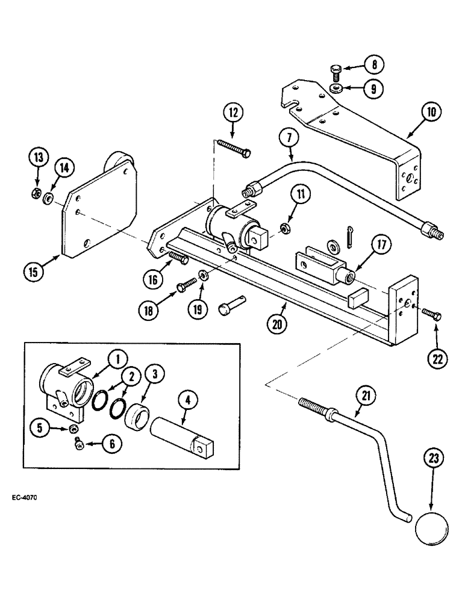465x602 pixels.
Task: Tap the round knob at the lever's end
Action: pyautogui.click(x=431, y=529)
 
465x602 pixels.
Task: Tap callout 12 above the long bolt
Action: pyautogui.click(x=233, y=113)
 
